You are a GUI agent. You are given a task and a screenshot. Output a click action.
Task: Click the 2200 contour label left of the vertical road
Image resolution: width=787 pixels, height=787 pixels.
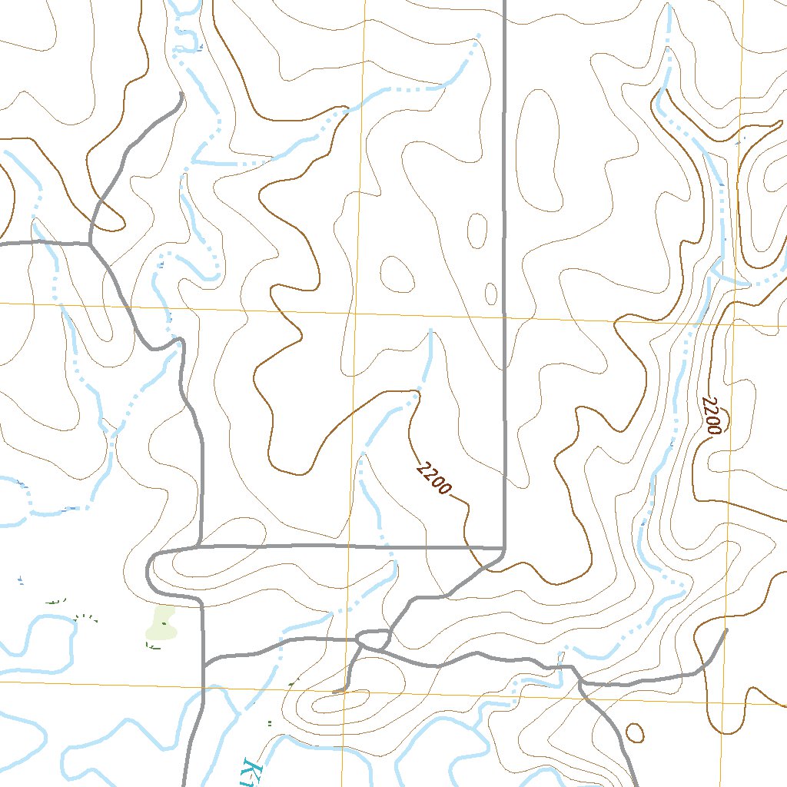tap(433, 478)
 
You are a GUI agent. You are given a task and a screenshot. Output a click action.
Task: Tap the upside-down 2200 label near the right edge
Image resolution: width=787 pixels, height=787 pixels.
tap(712, 417)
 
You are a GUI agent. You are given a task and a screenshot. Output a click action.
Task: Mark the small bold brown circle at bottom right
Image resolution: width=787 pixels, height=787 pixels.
tap(635, 732)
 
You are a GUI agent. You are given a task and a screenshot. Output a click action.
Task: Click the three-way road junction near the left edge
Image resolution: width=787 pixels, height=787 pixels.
tap(90, 244)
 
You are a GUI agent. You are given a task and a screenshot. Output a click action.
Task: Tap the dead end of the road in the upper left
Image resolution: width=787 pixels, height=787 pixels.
tap(181, 94)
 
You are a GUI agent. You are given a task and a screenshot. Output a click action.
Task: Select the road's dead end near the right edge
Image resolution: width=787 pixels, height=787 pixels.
tap(726, 629)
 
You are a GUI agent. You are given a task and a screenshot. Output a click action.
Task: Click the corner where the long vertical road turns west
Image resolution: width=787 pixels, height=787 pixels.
tap(503, 548)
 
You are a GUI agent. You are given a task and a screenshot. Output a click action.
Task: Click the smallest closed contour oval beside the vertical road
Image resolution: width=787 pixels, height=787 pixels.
tap(491, 293)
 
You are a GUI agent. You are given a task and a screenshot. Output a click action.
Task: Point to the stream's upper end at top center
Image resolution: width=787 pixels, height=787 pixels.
tap(479, 35)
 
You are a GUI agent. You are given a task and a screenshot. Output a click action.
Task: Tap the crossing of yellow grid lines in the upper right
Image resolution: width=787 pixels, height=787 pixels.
tap(734, 324)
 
